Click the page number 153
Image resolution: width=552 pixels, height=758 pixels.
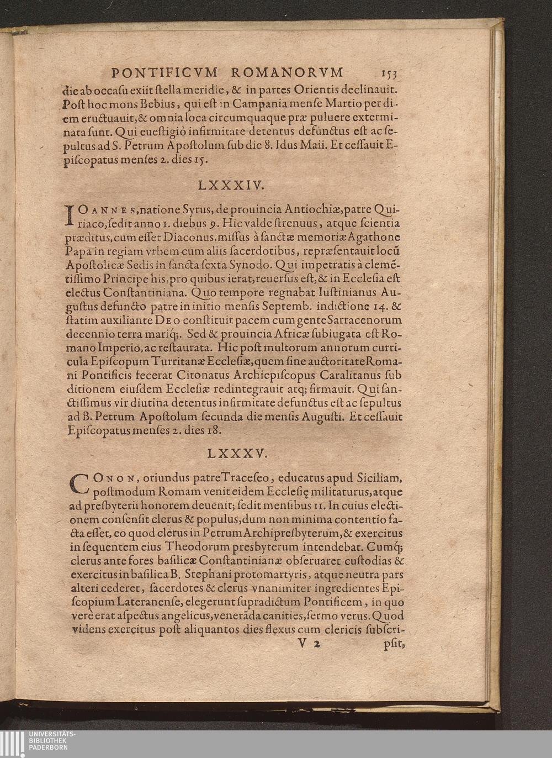388,74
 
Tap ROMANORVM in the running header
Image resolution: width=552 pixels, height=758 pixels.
287,72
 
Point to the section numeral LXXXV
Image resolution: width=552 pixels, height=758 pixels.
237,454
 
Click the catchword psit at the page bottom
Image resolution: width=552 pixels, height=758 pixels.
394,644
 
